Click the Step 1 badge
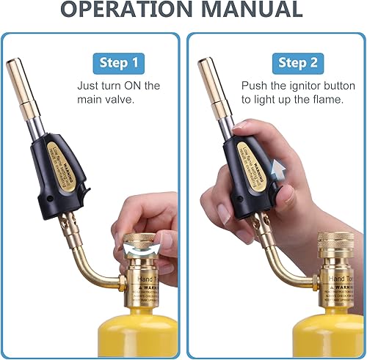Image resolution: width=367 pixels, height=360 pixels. [119, 62]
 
